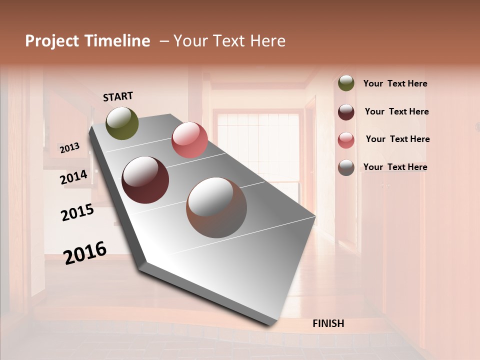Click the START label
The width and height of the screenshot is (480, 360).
pyautogui.click(x=118, y=96)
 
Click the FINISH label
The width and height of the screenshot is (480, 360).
pyautogui.click(x=328, y=323)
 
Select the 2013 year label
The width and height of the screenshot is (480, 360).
pyautogui.click(x=69, y=148)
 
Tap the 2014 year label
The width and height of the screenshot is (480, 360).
pyautogui.click(x=73, y=177)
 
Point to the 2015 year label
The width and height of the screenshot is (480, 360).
pyautogui.click(x=77, y=212)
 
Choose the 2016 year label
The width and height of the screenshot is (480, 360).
pyautogui.click(x=85, y=253)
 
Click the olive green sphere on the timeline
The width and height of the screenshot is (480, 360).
pyautogui.click(x=122, y=123)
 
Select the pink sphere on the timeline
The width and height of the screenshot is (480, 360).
pyautogui.click(x=189, y=140)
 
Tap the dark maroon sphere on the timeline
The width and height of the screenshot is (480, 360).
pyautogui.click(x=145, y=180)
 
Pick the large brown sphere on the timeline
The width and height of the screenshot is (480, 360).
pyautogui.click(x=216, y=207)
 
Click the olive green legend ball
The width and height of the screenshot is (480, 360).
pyautogui.click(x=346, y=83)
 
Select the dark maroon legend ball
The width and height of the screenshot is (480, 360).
pyautogui.click(x=346, y=112)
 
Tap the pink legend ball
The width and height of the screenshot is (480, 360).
pyautogui.click(x=346, y=140)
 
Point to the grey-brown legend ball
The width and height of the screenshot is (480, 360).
pyautogui.click(x=346, y=167)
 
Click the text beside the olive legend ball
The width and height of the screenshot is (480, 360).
pyautogui.click(x=395, y=83)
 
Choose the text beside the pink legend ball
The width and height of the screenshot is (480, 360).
pyautogui.click(x=397, y=139)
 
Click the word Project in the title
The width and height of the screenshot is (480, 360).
pyautogui.click(x=52, y=41)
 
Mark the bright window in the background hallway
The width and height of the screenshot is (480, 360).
pyautogui.click(x=258, y=145)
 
